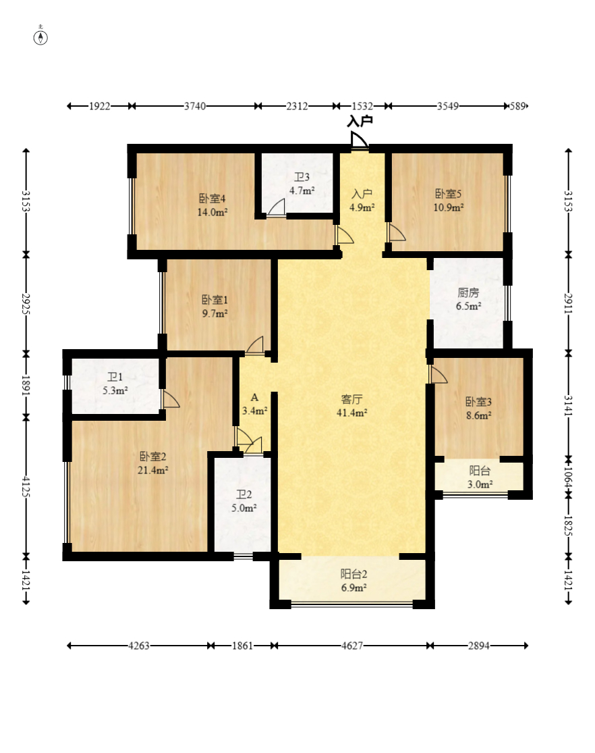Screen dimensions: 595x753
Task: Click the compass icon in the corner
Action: coord(40,37)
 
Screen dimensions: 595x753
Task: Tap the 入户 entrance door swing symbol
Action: coord(359,140)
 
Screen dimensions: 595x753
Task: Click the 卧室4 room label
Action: coord(212,199)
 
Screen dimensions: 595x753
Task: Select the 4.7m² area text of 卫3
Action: coord(302,190)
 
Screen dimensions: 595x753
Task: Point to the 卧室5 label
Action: coord(448,194)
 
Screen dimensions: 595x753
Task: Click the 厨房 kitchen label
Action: coord(468,292)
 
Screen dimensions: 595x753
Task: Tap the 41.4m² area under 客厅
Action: coord(351,413)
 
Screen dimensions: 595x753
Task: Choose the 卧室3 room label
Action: coord(478,402)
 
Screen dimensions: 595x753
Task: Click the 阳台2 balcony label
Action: coord(353,574)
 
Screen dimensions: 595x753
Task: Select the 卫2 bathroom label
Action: coord(244,494)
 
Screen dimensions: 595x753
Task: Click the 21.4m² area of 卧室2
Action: coord(153,470)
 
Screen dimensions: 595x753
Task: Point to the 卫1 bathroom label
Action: coord(115,377)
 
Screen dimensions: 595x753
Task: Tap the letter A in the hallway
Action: coord(255,398)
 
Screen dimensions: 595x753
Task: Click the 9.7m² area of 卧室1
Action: coord(215,313)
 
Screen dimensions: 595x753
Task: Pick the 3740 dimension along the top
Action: coord(195,105)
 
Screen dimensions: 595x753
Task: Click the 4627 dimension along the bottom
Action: coord(351,646)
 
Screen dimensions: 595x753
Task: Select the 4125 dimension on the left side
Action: coord(26,487)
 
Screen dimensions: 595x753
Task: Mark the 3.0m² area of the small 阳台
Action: coord(480,484)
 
